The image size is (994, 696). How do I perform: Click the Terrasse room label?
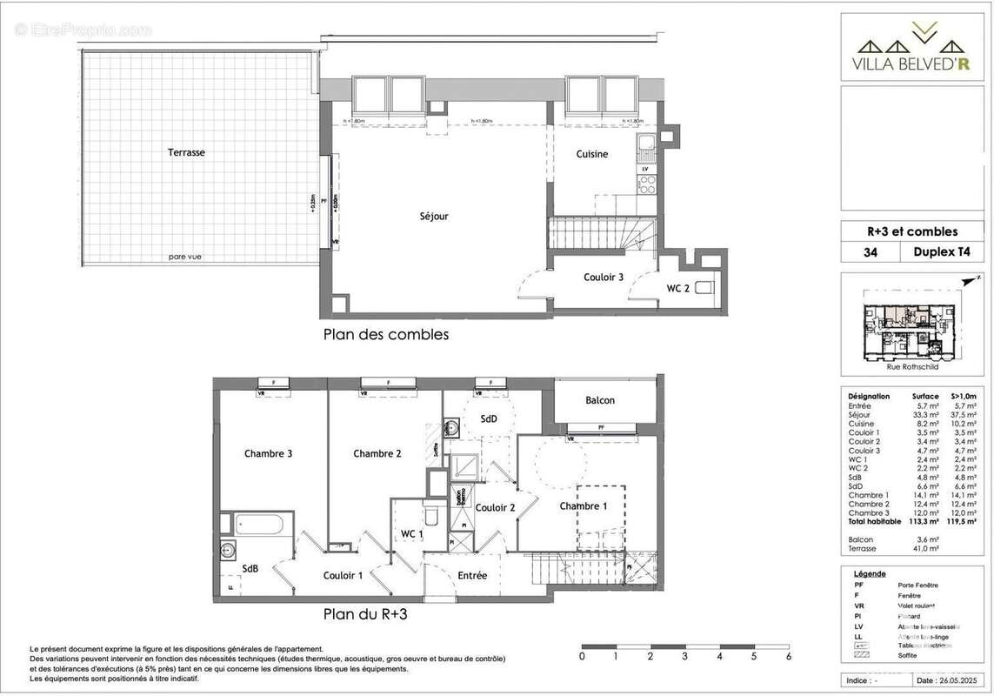[186, 152]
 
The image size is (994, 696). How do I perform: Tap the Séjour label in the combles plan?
[434, 216]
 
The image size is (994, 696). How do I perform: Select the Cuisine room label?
[592, 154]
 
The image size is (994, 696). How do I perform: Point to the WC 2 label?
[678, 288]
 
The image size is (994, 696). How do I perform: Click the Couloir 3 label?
[603, 278]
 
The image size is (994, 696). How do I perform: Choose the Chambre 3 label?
[268, 453]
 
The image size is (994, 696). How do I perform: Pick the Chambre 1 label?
[584, 506]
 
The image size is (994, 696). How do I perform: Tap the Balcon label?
[600, 400]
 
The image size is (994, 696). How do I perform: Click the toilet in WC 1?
[430, 507]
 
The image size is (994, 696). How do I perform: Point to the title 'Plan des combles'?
[386, 334]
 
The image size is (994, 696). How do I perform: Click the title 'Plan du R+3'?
[365, 613]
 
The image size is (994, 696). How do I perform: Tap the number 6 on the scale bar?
[788, 657]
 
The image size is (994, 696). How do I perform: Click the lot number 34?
[871, 253]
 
